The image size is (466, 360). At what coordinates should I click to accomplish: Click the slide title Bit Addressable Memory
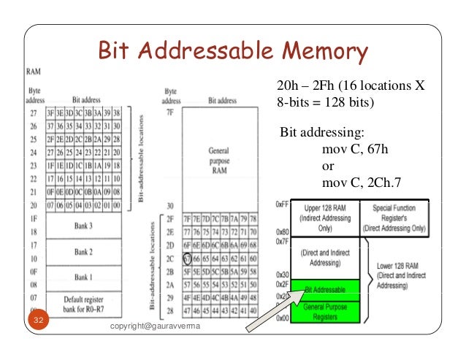[x=233, y=52]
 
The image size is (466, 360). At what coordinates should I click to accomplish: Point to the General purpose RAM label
[x=219, y=158]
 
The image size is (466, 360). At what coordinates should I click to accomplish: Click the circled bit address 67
[x=188, y=258]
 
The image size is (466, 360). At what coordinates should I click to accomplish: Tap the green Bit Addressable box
[x=326, y=290]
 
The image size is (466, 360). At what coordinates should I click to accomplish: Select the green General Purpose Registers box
[x=326, y=310]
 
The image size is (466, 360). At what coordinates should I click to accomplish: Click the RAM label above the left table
[x=34, y=73]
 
